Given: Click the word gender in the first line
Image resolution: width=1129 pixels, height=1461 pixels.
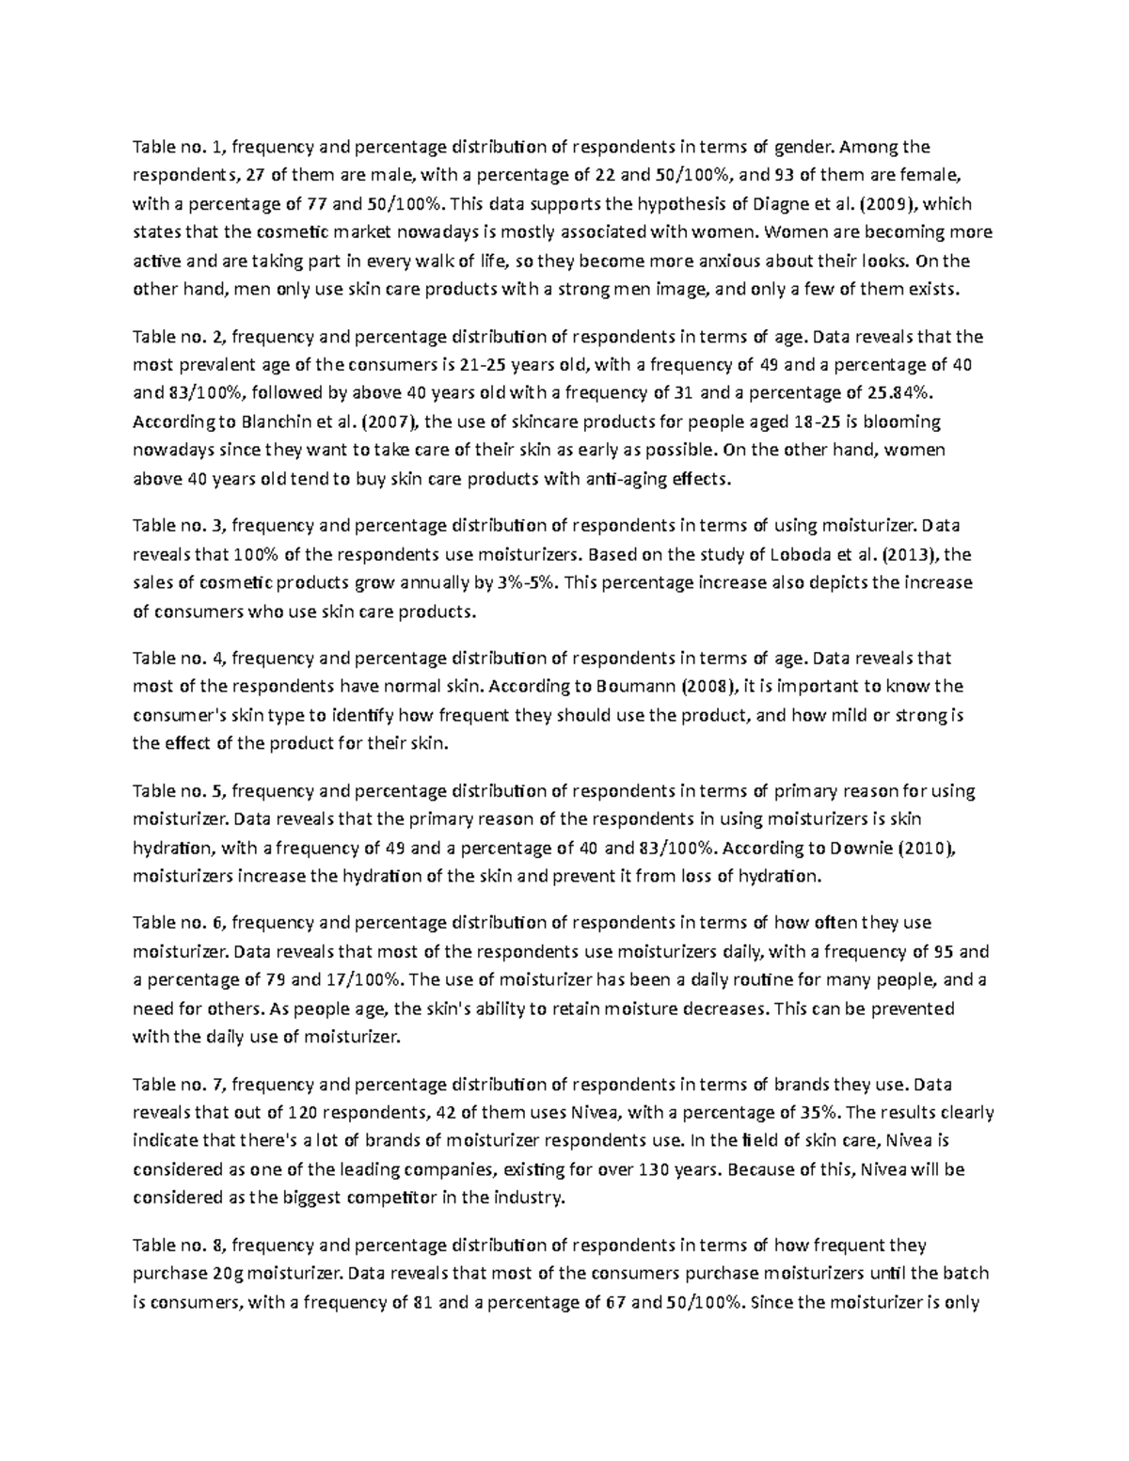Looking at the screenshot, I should [802, 147].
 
